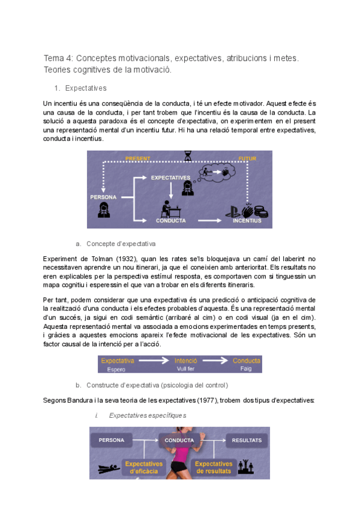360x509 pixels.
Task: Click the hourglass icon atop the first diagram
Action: pos(188,155)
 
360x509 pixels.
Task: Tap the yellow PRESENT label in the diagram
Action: pos(137,158)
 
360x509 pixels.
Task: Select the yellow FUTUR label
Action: pos(247,158)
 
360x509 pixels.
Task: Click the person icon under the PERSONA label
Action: pos(103,209)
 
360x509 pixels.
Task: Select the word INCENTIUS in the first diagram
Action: pos(247,220)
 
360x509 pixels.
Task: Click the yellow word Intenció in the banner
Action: pos(185,361)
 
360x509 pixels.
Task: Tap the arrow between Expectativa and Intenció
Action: pos(158,361)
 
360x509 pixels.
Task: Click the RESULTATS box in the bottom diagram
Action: pos(246,440)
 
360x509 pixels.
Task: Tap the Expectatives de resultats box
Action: pos(214,467)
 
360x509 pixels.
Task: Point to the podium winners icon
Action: pos(245,465)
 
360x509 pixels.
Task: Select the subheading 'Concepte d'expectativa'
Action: pos(121,244)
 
